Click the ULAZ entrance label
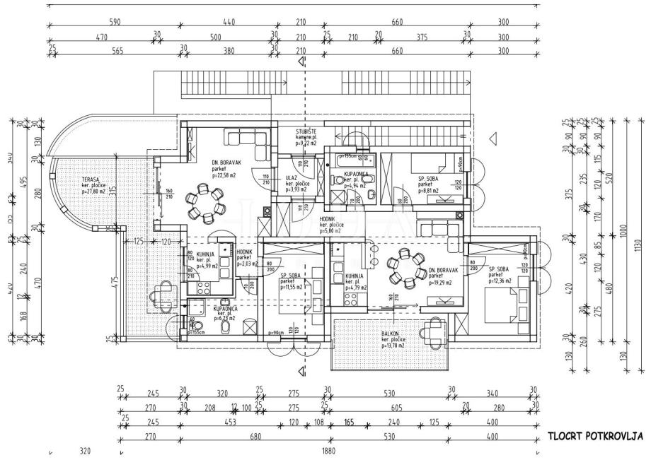pyautogui.click(x=291, y=179)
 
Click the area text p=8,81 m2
pyautogui.click(x=428, y=190)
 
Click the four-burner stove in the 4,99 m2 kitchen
pyautogui.click(x=201, y=287)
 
